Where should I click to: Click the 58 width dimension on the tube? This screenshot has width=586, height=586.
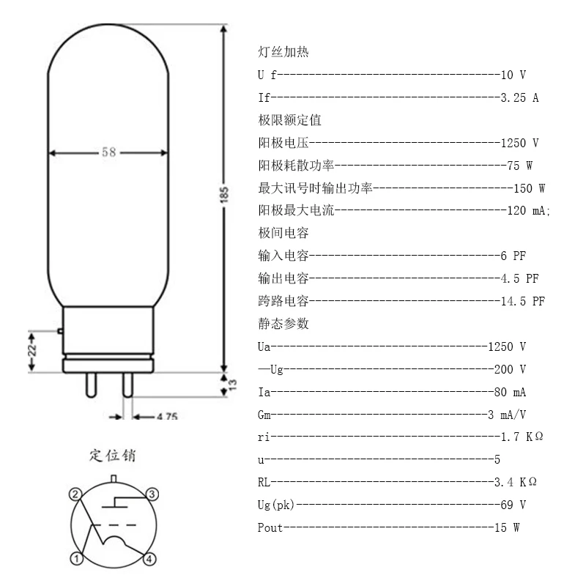[108, 153]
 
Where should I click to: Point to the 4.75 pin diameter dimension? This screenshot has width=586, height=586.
[166, 417]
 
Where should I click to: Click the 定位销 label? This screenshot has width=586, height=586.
[112, 456]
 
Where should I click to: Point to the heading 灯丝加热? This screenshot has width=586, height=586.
[283, 53]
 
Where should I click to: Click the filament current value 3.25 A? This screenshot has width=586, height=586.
[519, 98]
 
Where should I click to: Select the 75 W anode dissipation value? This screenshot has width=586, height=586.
[519, 166]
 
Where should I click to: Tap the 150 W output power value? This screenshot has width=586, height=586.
[529, 188]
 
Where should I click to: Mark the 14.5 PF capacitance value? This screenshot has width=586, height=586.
[522, 301]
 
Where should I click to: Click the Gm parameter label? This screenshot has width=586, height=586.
[264, 414]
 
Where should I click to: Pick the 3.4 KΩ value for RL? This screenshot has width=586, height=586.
[517, 482]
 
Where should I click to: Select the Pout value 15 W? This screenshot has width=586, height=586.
[505, 527]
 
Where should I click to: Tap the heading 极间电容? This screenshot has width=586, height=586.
[283, 234]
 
